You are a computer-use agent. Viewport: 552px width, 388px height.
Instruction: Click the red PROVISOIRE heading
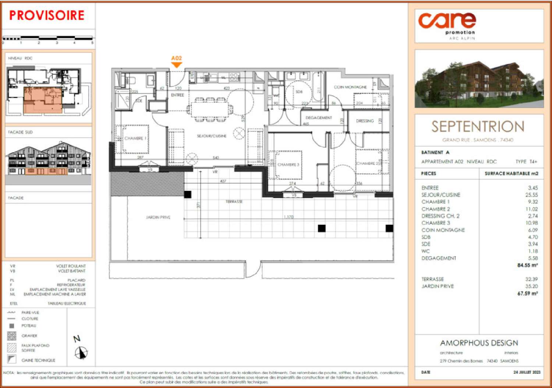pyautogui.click(x=47, y=15)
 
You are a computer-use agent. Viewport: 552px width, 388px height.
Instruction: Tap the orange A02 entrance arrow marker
pyautogui.click(x=177, y=64)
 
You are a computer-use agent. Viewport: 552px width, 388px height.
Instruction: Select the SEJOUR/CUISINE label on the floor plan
pyautogui.click(x=212, y=136)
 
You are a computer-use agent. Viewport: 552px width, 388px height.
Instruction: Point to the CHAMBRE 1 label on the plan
pyautogui.click(x=135, y=138)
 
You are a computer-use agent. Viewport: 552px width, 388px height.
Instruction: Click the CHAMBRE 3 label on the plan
pyautogui.click(x=288, y=165)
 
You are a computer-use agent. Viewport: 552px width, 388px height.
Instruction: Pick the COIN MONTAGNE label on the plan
pyautogui.click(x=350, y=87)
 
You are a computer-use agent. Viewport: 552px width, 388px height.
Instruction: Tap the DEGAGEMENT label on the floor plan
pyautogui.click(x=319, y=118)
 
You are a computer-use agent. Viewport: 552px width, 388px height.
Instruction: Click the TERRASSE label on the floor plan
pyautogui.click(x=234, y=202)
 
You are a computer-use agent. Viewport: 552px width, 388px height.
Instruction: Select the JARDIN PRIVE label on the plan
pyautogui.click(x=158, y=218)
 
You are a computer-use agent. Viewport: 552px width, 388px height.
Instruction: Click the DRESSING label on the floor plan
pyautogui.click(x=365, y=121)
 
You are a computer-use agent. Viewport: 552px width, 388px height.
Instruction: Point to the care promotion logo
pyautogui.click(x=447, y=24)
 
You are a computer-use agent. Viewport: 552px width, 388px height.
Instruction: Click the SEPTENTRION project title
pyautogui.click(x=478, y=127)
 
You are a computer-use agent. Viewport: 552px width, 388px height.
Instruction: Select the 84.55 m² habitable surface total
pyautogui.click(x=527, y=265)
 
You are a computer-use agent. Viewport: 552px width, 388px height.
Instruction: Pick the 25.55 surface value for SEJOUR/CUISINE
pyautogui.click(x=531, y=195)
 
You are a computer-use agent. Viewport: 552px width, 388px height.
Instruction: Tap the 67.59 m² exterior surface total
pyautogui.click(x=527, y=293)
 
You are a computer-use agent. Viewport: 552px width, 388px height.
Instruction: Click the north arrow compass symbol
pyautogui.click(x=81, y=353)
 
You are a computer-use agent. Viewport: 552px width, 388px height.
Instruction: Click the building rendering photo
pyautogui.click(x=479, y=79)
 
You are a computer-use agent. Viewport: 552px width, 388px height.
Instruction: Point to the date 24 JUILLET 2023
pyautogui.click(x=527, y=372)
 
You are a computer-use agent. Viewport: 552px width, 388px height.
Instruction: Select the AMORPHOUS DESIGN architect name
pyautogui.click(x=479, y=343)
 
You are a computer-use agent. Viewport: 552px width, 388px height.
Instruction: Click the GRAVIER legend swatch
pyautogui.click(x=12, y=336)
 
